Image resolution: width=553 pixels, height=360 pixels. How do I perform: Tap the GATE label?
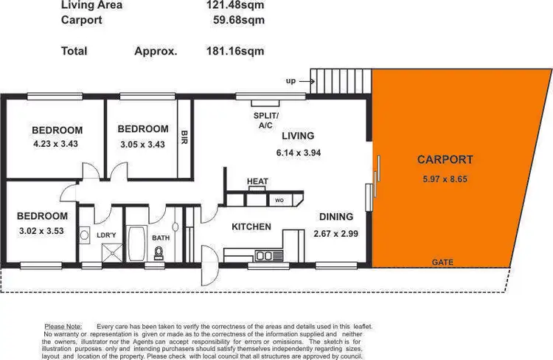point(443,262)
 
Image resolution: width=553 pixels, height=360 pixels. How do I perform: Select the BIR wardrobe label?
point(184,138)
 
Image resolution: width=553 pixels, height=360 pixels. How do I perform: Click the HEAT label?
point(257,181)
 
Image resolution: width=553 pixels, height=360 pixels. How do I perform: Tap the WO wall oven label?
point(279,200)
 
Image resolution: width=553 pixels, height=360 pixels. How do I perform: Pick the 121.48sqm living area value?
point(235,5)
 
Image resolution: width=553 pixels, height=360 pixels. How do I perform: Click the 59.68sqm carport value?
point(237,19)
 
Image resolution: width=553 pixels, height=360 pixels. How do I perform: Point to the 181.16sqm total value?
point(235,51)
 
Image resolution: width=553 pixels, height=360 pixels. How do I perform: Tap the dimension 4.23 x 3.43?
point(56,145)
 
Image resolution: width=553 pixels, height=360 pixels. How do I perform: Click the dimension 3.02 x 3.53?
point(42,230)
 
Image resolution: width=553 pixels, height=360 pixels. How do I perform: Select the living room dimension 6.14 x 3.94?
point(298,153)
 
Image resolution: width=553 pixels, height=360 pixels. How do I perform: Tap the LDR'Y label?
point(107,235)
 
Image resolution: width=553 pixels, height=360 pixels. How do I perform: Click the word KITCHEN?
point(251,226)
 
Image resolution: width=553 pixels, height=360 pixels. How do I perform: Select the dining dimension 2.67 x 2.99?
point(335,234)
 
